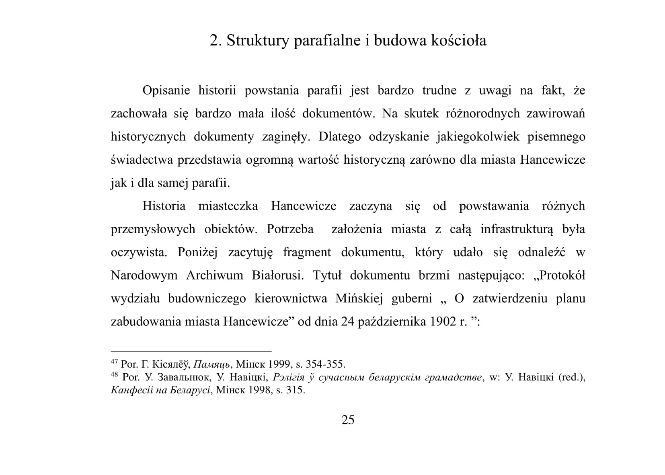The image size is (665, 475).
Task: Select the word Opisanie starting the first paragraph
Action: pos(166,90)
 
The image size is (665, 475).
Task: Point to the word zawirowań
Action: pos(556,114)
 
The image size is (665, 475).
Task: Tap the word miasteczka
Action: pos(228,206)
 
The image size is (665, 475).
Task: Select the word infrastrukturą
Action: pos(517,230)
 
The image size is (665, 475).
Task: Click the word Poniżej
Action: pos(197,253)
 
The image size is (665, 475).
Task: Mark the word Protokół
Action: pos(559,276)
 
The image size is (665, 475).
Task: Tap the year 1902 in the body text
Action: pos(443,322)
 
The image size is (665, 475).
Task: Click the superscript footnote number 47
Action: pos(114,362)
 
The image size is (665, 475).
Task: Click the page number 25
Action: pos(348,420)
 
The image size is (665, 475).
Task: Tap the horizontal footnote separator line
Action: pos(191,351)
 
